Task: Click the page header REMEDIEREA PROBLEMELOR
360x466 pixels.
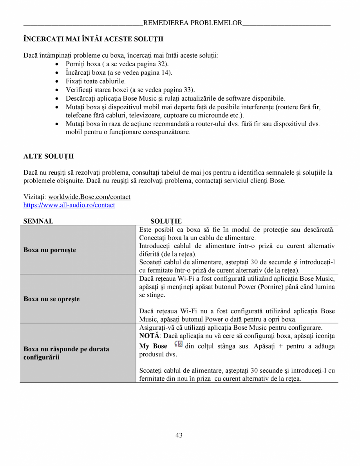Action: [193, 23]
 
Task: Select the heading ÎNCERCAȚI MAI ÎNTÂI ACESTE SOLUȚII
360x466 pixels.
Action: [93, 39]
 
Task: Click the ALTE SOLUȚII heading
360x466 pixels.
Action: [49, 157]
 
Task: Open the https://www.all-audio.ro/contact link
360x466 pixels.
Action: [69, 205]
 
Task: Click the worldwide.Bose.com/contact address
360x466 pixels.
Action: [89, 197]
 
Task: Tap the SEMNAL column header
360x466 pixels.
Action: [38, 221]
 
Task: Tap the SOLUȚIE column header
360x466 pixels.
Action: [166, 221]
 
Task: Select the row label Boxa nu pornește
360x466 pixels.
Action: [50, 250]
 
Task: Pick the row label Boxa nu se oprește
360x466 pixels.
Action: [51, 299]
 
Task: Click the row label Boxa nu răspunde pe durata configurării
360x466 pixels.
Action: [66, 353]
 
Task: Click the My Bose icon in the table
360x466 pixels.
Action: [179, 344]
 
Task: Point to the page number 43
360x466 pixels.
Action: [179, 435]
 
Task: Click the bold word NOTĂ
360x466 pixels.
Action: [149, 336]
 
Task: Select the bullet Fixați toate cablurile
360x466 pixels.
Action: [96, 81]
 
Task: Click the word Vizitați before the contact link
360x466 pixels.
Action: [34, 197]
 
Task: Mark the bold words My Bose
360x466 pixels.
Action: [153, 346]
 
